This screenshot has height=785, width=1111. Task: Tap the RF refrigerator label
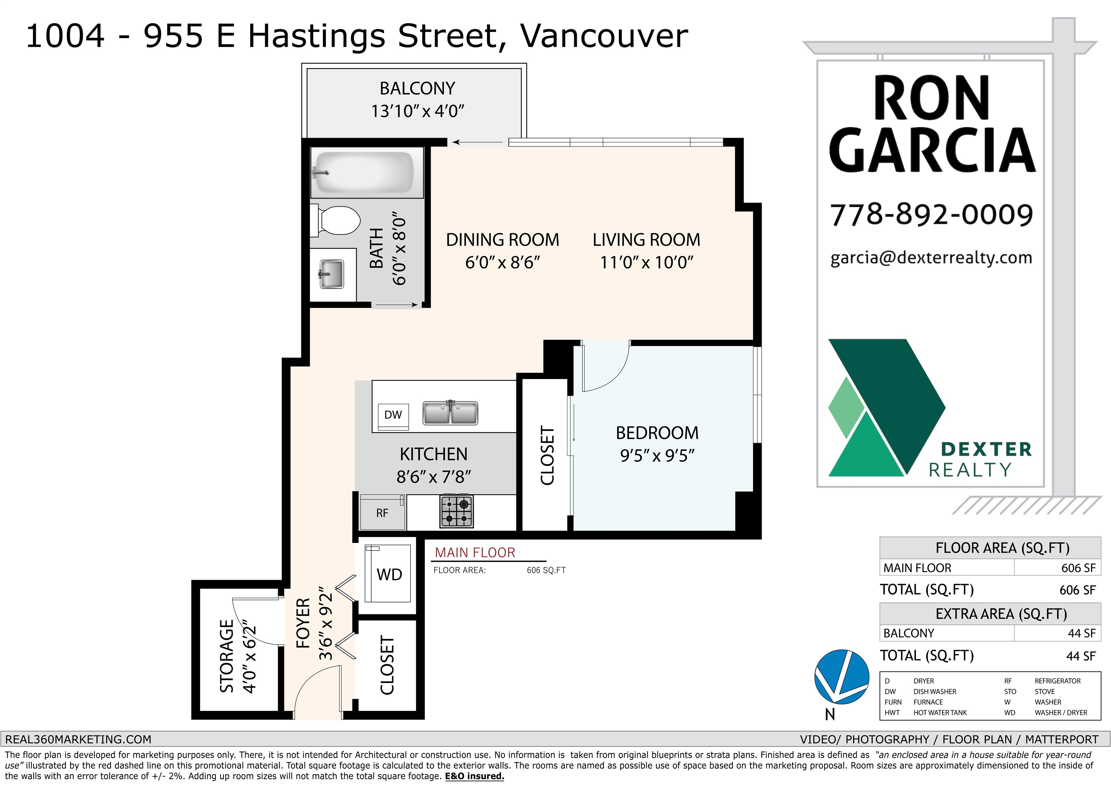click(382, 513)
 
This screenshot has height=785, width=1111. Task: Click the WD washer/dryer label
click(390, 575)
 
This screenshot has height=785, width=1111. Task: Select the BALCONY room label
click(417, 89)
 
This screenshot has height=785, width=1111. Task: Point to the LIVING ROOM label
click(647, 240)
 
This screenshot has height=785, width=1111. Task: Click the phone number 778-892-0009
click(932, 214)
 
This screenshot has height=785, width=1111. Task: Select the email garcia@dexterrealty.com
click(931, 258)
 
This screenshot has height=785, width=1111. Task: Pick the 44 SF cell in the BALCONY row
click(1081, 633)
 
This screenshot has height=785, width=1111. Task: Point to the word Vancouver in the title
click(604, 36)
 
